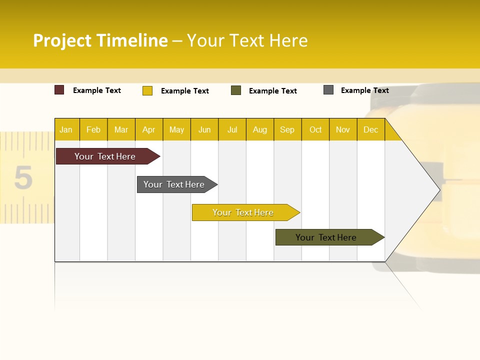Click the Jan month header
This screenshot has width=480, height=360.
tap(66, 129)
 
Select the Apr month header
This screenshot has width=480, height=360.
tap(148, 129)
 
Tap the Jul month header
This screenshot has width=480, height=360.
tap(232, 129)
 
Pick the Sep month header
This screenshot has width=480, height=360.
tap(287, 129)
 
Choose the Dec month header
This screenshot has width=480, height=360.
tap(370, 129)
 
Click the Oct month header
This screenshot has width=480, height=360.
tap(315, 129)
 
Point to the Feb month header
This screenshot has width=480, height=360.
tap(93, 129)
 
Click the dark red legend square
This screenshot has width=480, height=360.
tap(59, 90)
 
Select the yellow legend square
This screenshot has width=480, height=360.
tap(147, 90)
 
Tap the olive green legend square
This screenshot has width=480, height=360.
tap(236, 90)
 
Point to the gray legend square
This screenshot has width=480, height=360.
tap(328, 90)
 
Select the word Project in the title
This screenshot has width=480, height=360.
tap(62, 40)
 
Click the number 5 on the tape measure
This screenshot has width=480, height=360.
tap(23, 178)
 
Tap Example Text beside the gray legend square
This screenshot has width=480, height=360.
tap(365, 90)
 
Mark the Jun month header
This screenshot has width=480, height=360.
tap(204, 129)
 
